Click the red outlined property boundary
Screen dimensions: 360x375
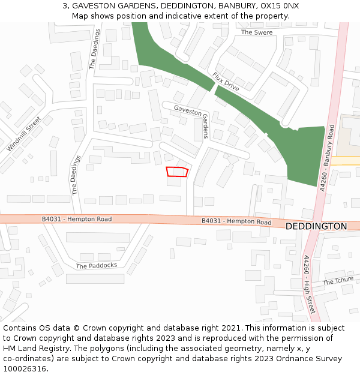[177, 172]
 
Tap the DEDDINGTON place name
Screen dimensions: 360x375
[316, 227]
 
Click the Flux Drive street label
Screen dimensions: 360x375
[226, 82]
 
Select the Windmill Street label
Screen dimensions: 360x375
[23, 134]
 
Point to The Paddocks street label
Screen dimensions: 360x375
[97, 265]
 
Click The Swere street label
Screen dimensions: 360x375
[257, 32]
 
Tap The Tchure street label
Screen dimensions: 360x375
[338, 281]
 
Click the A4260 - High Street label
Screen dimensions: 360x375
[308, 284]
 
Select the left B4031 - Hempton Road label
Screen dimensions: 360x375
[77, 220]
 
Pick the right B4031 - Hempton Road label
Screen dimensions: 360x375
[236, 221]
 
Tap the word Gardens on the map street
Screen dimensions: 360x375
[205, 126]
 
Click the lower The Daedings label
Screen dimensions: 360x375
[76, 176]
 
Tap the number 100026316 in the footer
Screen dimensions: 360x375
[24, 369]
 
